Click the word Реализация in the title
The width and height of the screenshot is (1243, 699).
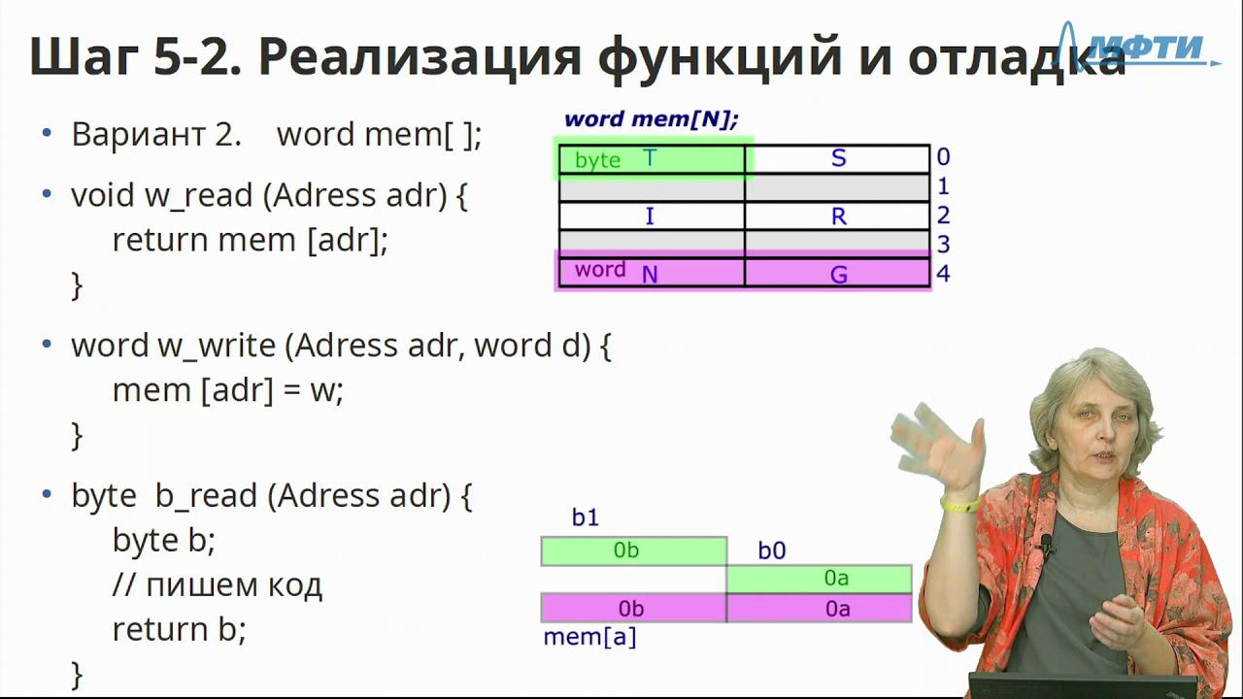pos(419,57)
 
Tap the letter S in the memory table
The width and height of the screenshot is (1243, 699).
pos(838,158)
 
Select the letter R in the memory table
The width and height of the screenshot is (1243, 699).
pos(838,216)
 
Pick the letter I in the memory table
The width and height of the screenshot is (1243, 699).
pos(650,216)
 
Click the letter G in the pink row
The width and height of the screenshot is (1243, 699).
pos(838,275)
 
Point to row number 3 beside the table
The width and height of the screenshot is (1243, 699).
pos(943,244)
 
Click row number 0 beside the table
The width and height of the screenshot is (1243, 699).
pos(943,157)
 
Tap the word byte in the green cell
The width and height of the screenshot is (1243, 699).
pos(597,160)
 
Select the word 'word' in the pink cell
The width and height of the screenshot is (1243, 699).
pos(600,269)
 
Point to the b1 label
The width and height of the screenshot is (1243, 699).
pos(586,517)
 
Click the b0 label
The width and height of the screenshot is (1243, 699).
pos(772,550)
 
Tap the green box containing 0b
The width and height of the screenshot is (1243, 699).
pos(634,550)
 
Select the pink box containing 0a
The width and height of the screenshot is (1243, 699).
pos(819,608)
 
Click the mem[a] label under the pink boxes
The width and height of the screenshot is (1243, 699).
pos(589,637)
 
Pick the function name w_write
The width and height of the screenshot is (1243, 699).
pos(217,347)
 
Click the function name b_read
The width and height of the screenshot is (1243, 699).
pos(206,495)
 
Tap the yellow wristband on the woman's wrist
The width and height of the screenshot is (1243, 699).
pos(960,505)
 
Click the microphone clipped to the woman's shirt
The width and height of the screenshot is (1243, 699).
pos(1046,544)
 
